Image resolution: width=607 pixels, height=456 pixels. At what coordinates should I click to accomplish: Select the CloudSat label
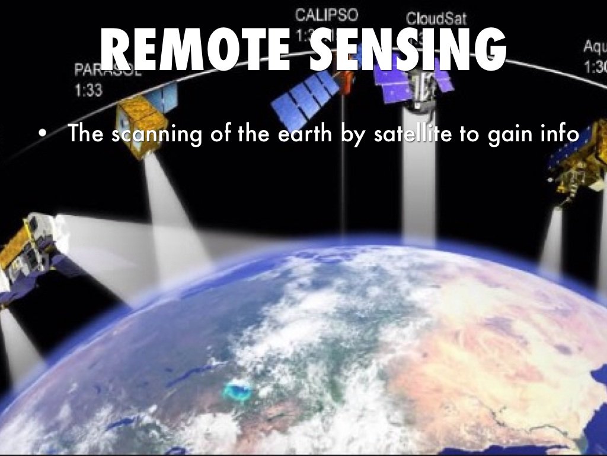click(x=432, y=18)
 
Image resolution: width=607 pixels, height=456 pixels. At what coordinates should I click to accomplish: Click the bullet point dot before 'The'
click(x=40, y=135)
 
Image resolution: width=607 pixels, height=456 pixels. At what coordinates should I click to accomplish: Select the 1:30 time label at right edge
click(x=595, y=66)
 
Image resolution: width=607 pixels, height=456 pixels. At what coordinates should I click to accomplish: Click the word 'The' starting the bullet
click(x=88, y=134)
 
